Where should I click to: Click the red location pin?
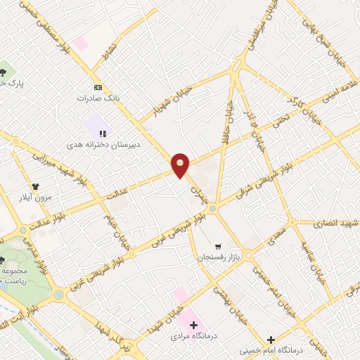(x=181, y=165)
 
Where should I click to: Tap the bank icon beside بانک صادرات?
(x=98, y=86)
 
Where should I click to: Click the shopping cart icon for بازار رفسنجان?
(x=218, y=247)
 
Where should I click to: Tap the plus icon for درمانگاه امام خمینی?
(x=271, y=340)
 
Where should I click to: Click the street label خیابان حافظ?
(x=226, y=121)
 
